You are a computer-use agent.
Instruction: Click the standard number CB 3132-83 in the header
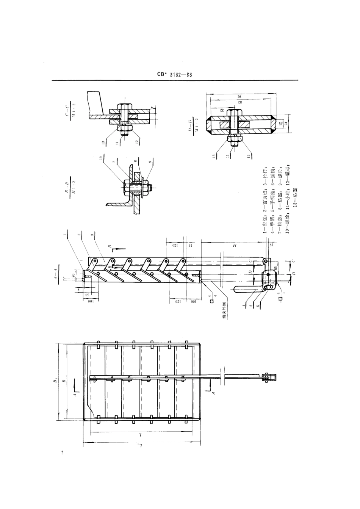coord(174,75)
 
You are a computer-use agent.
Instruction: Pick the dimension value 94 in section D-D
coord(239,96)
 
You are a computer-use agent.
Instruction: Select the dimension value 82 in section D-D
coord(239,102)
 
